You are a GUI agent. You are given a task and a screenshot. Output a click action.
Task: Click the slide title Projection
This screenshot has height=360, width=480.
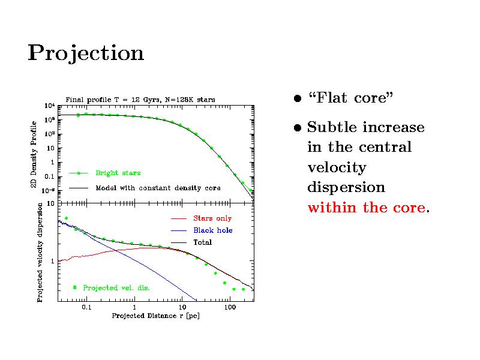pos(86,54)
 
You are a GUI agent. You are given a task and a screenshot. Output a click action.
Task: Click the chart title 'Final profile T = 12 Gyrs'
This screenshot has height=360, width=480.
pos(140,99)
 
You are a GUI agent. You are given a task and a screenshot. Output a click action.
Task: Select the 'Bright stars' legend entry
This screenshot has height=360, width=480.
pos(118,173)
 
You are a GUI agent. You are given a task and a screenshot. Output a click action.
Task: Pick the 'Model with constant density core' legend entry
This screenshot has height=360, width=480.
pos(158,188)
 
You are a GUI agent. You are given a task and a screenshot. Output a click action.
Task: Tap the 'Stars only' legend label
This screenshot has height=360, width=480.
pos(212,218)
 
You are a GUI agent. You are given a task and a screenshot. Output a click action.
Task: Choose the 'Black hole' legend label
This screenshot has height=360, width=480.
pos(212,230)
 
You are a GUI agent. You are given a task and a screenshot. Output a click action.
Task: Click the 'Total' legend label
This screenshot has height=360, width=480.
pos(202,242)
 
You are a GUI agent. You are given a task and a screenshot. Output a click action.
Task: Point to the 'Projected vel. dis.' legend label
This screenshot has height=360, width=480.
pos(116,288)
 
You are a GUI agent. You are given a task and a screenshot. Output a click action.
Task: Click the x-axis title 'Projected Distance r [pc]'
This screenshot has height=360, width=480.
pos(155,316)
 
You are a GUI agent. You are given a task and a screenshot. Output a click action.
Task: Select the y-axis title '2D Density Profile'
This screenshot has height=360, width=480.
pos(34,154)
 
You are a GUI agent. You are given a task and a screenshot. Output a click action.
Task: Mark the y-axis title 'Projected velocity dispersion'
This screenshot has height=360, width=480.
pos(40,252)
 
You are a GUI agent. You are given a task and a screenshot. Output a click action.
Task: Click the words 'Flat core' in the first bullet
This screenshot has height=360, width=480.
pos(350,98)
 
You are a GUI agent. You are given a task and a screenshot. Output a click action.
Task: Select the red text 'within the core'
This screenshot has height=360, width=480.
pos(367,208)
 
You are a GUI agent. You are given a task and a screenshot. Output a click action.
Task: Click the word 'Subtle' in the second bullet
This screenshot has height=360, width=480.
pos(334,128)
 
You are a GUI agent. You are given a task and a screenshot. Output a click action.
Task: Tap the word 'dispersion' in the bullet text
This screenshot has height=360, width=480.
pos(346,188)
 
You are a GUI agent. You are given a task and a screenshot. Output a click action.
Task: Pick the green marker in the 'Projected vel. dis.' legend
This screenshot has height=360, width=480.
pos(74,287)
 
